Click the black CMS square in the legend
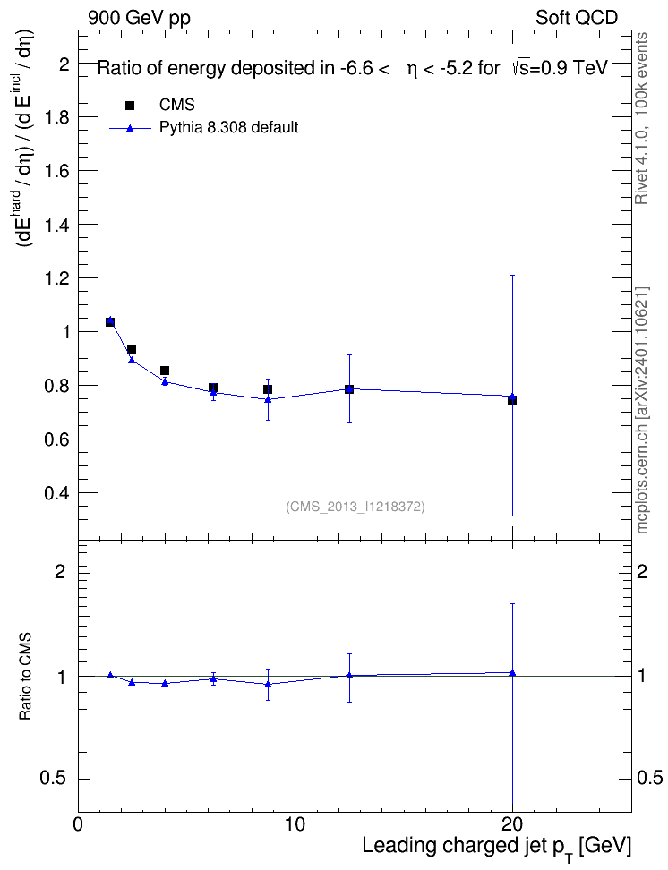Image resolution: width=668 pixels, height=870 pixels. coord(131,106)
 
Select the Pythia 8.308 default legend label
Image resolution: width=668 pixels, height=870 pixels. coord(228,128)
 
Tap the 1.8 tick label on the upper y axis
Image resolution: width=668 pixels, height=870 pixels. coord(56,117)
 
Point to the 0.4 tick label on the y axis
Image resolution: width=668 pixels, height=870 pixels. coord(56,492)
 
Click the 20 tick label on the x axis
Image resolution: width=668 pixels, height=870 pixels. coord(512,824)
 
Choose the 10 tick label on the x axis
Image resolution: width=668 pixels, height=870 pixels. coord(295,824)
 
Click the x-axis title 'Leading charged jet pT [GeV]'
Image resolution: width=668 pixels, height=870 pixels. coord(497,848)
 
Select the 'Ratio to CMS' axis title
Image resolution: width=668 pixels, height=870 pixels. coord(26,677)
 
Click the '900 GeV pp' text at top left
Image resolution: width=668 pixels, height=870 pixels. coord(139,18)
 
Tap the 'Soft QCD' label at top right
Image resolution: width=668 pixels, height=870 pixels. coord(577,18)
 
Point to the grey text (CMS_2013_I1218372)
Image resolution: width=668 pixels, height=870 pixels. coord(355,507)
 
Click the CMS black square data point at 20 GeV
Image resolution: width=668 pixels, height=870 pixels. coord(512,400)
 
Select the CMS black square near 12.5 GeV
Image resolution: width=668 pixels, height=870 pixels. coord(349,389)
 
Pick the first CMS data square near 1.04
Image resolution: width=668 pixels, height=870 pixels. coord(110,322)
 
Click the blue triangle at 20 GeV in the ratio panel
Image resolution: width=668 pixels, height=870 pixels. coord(512,673)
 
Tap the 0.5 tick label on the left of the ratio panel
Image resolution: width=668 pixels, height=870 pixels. coord(53,779)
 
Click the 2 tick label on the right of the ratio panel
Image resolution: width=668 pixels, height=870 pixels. coord(642,571)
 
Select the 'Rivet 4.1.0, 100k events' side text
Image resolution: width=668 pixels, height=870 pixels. coord(641,118)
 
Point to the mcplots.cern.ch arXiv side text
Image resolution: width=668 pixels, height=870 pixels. coord(641,410)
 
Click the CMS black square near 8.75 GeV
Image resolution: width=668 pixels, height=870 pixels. coord(268,389)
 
